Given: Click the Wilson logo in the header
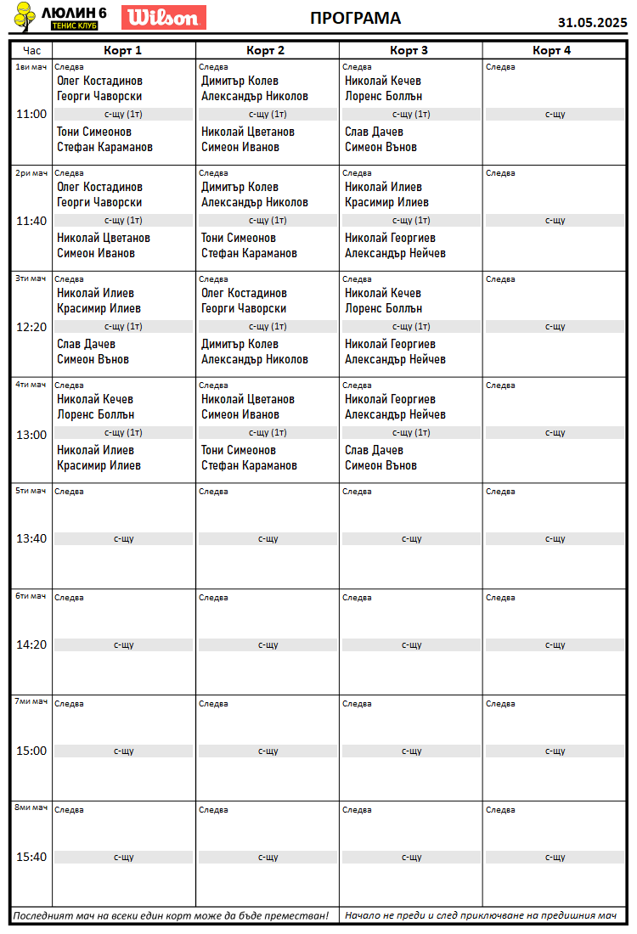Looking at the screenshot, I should (x=164, y=17).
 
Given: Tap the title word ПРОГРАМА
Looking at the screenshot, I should (x=355, y=19).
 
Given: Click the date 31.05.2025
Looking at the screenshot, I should (x=592, y=23).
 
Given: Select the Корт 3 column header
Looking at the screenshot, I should (x=409, y=50).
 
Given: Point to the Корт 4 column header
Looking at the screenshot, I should (x=551, y=50).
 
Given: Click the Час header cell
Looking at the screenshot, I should (x=31, y=50).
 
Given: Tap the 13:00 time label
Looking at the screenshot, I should (x=31, y=435).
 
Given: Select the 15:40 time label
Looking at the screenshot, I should (x=31, y=857).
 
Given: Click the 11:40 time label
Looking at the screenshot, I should (x=31, y=221).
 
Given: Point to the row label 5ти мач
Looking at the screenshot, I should (x=31, y=490).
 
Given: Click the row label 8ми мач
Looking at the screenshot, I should (x=31, y=807).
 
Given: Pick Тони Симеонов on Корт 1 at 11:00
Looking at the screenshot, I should (x=94, y=132).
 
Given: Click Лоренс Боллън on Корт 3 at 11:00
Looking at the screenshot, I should (x=383, y=97).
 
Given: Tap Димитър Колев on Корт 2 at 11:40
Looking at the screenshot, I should (x=240, y=187).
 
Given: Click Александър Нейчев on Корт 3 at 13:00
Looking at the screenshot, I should (x=395, y=415).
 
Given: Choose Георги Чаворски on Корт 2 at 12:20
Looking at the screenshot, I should (x=244, y=309).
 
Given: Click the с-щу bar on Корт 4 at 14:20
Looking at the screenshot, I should (x=555, y=645).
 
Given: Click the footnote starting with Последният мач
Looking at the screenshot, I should (x=171, y=916).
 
